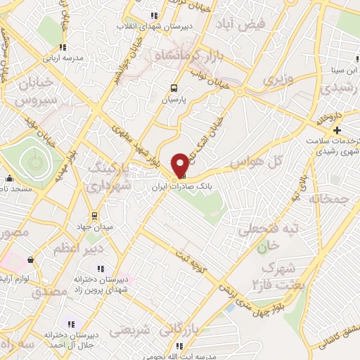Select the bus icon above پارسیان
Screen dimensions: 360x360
173,88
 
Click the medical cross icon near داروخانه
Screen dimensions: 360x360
337,130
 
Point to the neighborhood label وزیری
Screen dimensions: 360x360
276,80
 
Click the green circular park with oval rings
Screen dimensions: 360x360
32,164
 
